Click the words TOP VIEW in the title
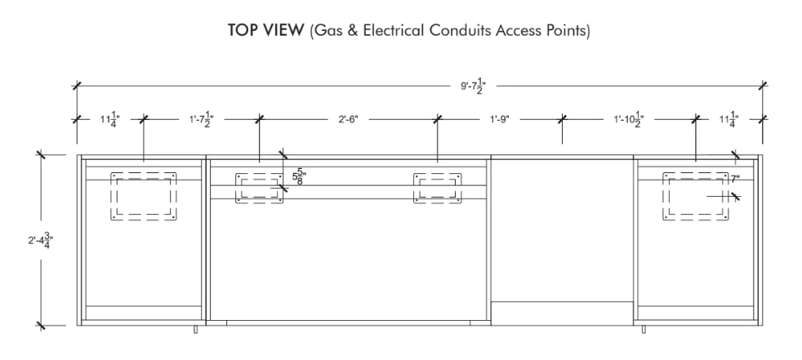[x=265, y=30]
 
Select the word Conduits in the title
[x=461, y=30]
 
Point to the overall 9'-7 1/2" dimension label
[x=473, y=86]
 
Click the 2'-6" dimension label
[x=348, y=119]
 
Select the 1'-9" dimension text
[x=500, y=119]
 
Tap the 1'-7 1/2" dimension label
[x=201, y=120]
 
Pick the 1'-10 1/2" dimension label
[x=629, y=120]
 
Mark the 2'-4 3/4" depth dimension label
[x=40, y=240]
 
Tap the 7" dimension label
[x=736, y=179]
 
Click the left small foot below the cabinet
[x=195, y=329]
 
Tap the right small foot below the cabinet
[x=644, y=329]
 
